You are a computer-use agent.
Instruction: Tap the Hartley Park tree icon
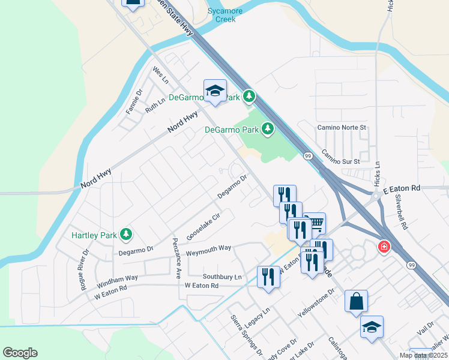(x=126, y=233)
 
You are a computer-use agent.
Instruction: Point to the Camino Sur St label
(x=340, y=157)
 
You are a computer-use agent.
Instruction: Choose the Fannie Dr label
(x=133, y=102)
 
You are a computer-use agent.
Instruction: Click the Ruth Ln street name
(x=155, y=106)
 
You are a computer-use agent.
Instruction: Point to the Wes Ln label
(x=160, y=75)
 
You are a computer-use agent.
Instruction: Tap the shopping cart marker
(x=315, y=223)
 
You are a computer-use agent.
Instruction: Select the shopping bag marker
(x=356, y=301)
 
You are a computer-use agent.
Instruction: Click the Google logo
(x=20, y=353)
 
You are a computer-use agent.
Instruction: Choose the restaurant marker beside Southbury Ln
(x=268, y=277)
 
